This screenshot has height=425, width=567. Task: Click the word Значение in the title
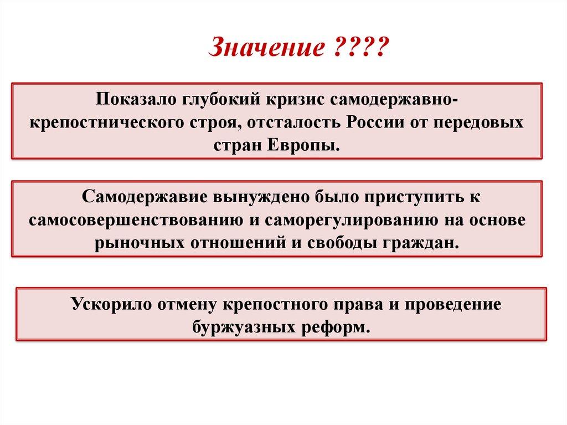click(x=266, y=47)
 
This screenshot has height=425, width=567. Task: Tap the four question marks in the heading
click(x=360, y=47)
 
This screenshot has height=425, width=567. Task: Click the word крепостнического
click(x=107, y=123)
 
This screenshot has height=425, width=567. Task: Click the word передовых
click(x=478, y=123)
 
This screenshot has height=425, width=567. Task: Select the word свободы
click(x=343, y=243)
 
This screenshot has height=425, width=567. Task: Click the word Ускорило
click(x=111, y=304)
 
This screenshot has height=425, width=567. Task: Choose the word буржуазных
click(x=244, y=327)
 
